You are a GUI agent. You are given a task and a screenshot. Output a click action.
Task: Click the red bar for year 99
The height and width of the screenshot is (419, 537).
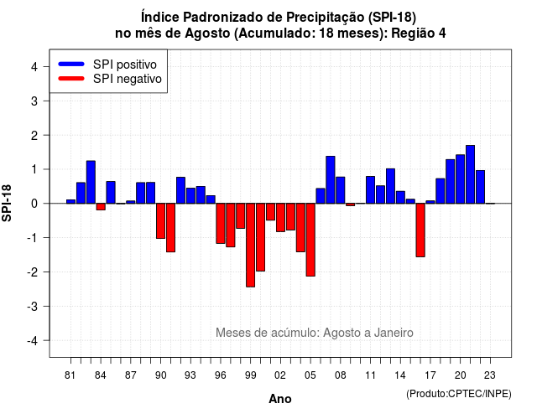[250, 245]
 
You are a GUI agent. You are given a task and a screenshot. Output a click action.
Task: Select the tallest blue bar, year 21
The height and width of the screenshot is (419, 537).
[470, 174]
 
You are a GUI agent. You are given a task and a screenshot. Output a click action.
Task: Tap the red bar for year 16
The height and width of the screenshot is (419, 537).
[420, 230]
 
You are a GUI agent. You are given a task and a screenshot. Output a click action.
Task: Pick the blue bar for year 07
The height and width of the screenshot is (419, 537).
[331, 180]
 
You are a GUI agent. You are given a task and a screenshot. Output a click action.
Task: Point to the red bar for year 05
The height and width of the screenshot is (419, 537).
[310, 240]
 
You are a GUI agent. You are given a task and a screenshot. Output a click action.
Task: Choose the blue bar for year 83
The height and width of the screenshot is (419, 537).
[91, 182]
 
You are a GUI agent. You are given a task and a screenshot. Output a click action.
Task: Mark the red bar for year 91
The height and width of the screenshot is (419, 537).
[170, 228]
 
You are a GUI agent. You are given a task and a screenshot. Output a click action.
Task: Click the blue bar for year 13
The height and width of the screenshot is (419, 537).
[390, 186]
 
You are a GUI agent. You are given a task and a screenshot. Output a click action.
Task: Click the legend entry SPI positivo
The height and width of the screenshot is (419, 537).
[125, 65]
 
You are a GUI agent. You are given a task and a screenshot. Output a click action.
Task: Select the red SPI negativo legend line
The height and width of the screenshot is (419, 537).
[71, 79]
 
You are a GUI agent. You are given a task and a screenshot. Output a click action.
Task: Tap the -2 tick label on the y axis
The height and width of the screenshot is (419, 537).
[34, 272]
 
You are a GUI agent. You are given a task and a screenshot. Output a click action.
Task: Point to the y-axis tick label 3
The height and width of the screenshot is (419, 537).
[34, 101]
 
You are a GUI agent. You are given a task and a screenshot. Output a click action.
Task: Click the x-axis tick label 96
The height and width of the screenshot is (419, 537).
[220, 375]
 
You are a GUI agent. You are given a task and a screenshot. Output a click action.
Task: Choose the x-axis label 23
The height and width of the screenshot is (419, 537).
[490, 375]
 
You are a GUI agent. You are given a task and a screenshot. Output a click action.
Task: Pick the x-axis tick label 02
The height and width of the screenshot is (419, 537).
[280, 375]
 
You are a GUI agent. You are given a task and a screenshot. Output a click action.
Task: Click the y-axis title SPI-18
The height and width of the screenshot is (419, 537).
[7, 203]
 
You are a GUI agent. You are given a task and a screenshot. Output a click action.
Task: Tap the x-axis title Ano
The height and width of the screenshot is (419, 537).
[280, 399]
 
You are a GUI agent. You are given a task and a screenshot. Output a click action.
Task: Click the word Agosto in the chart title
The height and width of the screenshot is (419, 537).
[207, 34]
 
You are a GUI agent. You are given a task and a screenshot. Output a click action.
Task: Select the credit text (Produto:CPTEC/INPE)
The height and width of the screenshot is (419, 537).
[459, 394]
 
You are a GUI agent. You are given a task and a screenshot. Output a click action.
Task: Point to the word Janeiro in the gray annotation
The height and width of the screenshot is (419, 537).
[394, 333]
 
